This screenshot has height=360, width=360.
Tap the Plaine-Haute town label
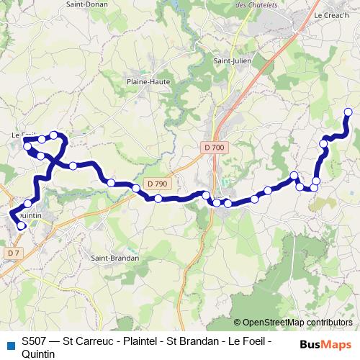[147, 81]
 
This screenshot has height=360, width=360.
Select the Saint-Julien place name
[231, 60]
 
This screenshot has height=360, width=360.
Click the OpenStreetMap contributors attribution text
[297, 323]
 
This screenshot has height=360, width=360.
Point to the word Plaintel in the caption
[143, 341]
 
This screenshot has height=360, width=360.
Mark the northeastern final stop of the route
[348, 112]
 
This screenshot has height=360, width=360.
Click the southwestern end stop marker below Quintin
[22, 225]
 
